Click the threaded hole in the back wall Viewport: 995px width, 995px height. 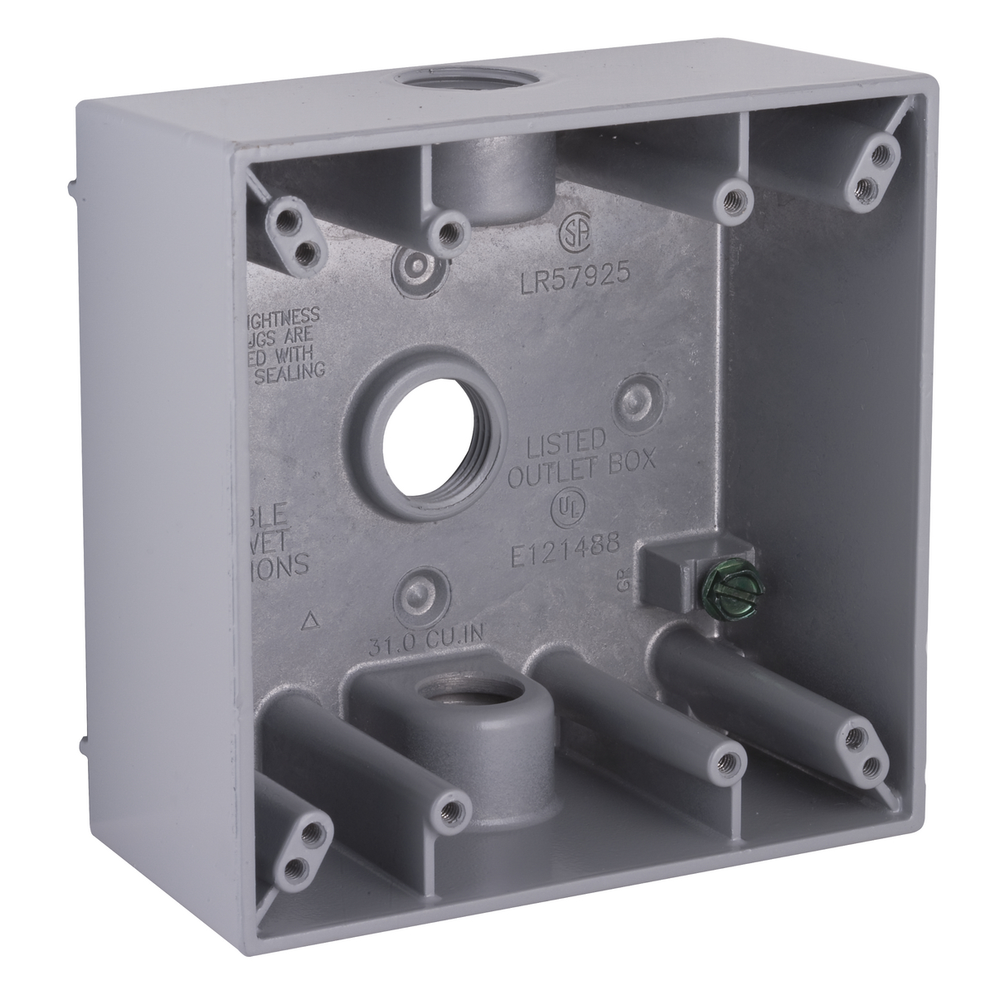[425, 433]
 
